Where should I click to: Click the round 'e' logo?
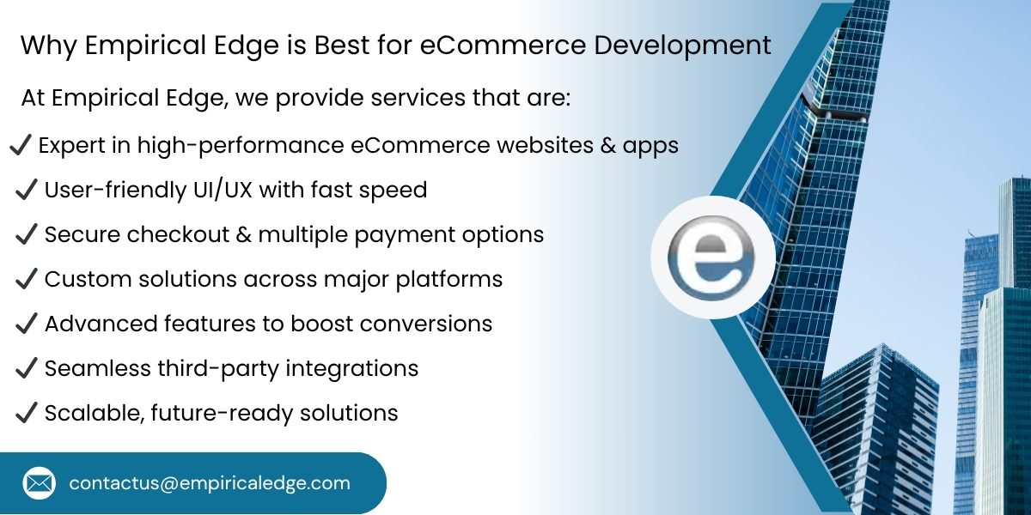tap(712, 257)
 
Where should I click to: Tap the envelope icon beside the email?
tap(39, 483)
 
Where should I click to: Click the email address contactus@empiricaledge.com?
tap(210, 483)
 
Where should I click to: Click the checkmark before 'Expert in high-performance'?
tap(21, 145)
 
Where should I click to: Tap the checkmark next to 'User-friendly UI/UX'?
tap(27, 189)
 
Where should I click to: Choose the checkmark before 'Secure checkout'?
tap(27, 233)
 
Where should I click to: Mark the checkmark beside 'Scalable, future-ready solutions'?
tap(27, 412)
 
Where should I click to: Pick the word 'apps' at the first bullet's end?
tap(650, 147)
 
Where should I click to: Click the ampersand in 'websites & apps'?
tap(607, 146)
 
